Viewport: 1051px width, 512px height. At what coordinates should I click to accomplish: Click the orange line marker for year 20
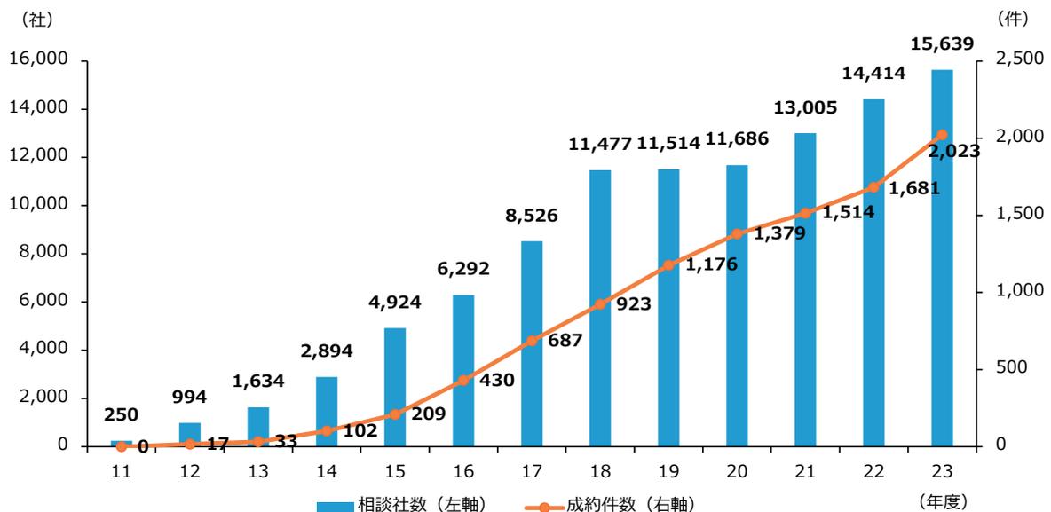tap(737, 234)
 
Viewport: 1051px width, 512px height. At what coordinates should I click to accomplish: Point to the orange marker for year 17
tap(532, 341)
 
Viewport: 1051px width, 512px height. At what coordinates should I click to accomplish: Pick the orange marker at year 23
tap(942, 135)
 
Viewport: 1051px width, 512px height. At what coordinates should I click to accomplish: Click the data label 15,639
tap(942, 43)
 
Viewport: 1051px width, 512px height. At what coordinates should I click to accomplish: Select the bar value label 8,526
tap(532, 216)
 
